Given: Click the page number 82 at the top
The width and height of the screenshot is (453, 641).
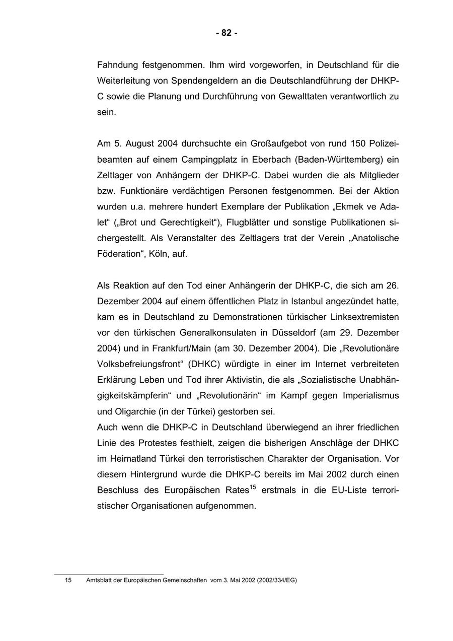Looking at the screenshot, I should point(226,33).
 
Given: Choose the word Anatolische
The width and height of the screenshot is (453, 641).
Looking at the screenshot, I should point(373,238).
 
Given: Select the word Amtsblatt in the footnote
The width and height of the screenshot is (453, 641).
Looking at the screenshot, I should point(100,581).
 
